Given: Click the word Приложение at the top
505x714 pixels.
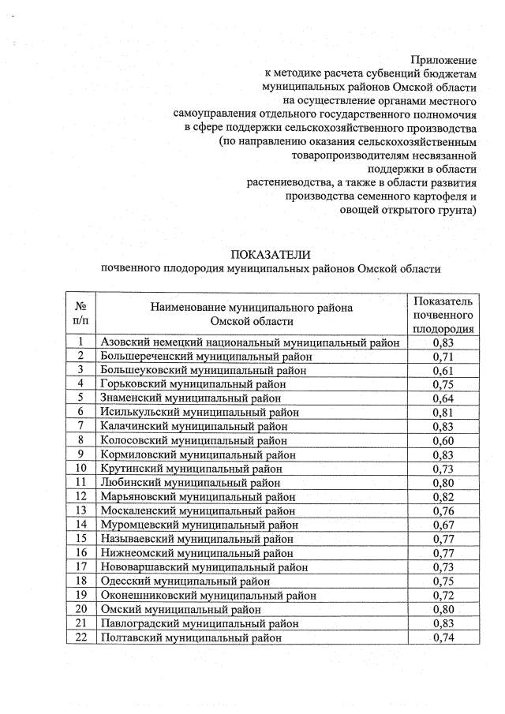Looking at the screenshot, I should (x=444, y=60).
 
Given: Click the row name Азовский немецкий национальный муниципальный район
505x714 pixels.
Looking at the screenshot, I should (x=250, y=342).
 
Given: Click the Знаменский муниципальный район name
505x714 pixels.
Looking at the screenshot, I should (x=190, y=398).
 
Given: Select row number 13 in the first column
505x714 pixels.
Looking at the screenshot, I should (x=80, y=510).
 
